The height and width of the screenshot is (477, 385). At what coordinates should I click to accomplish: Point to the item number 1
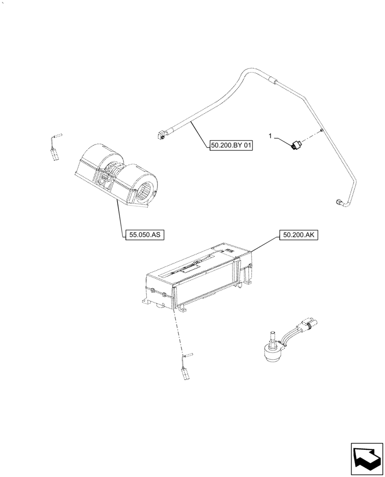(271, 136)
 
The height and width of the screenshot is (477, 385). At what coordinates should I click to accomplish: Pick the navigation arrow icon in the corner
(366, 459)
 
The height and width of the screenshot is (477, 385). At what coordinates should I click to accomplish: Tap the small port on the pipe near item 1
(322, 129)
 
